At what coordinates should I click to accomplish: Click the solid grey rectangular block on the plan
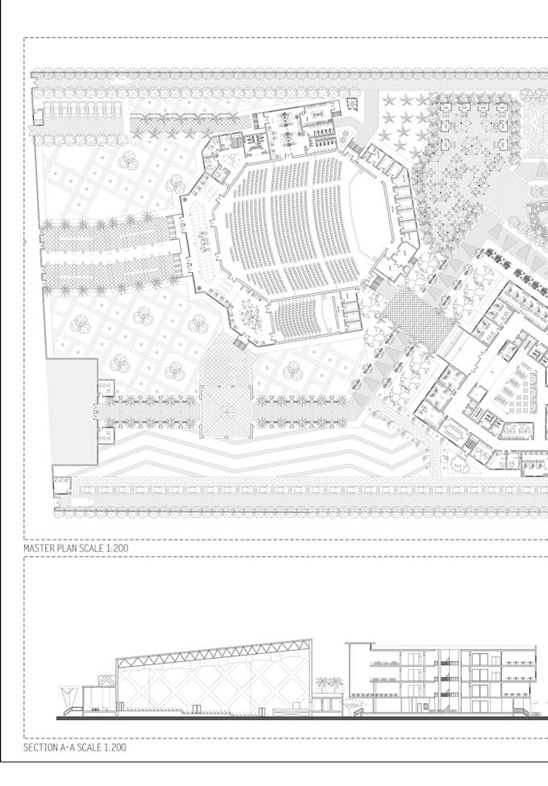tap(73, 412)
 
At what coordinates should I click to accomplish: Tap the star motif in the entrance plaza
tap(226, 412)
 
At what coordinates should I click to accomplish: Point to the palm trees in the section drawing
tap(329, 684)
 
